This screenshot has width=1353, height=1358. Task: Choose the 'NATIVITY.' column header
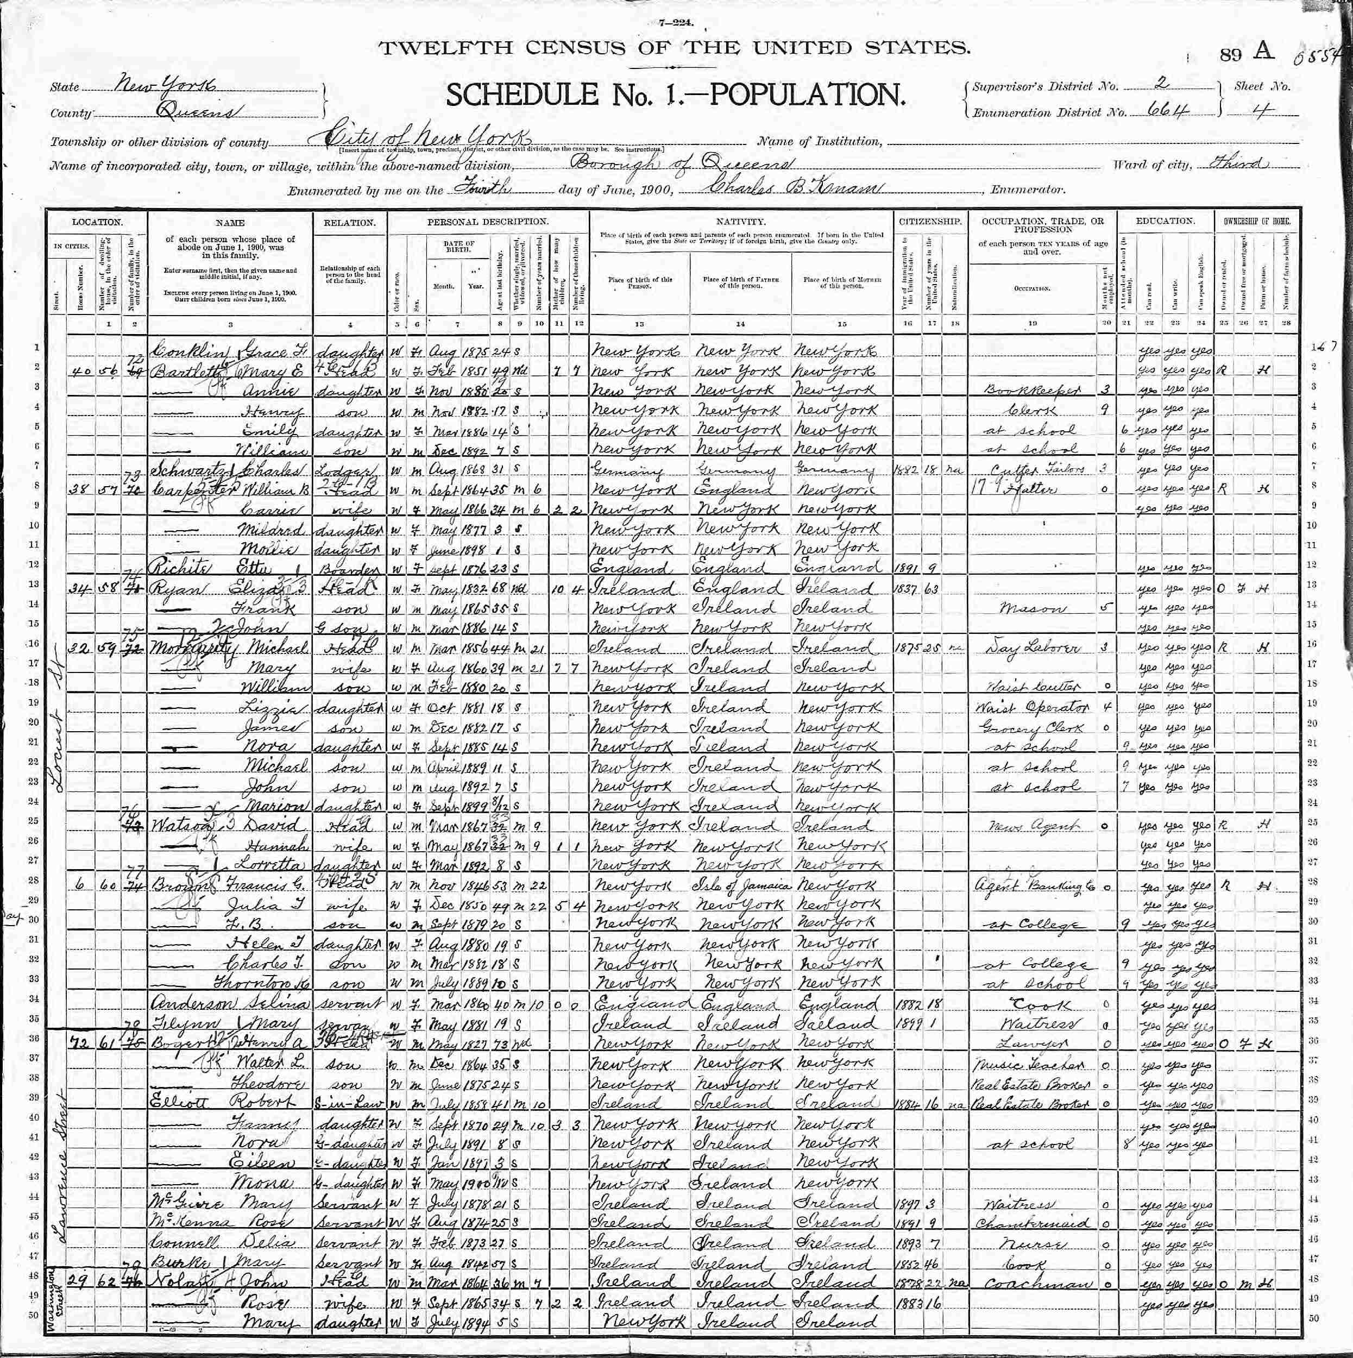tap(741, 222)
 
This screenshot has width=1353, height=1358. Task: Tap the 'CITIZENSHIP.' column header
tap(929, 222)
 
